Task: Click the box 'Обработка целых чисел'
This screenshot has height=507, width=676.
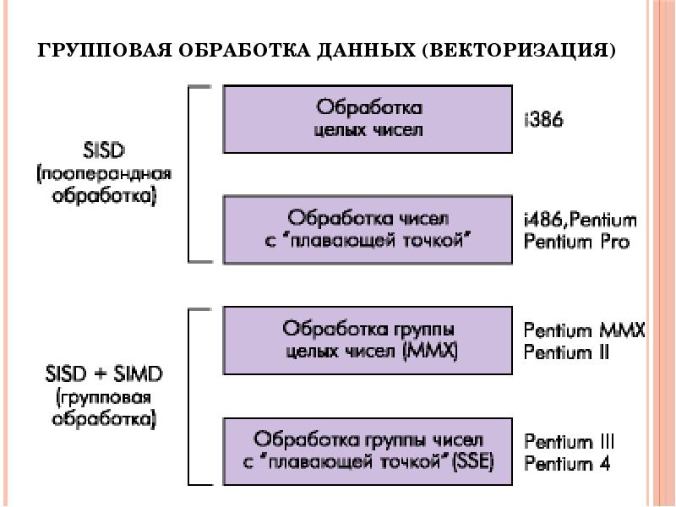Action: tap(368, 118)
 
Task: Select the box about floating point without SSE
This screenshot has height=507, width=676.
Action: tap(368, 229)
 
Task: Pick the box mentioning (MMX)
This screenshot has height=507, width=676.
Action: tap(368, 340)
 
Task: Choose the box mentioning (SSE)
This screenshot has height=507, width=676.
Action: tap(368, 451)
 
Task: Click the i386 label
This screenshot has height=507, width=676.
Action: tap(544, 120)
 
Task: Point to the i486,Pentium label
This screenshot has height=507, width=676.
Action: tap(580, 221)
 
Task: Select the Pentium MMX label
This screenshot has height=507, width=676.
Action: tap(584, 330)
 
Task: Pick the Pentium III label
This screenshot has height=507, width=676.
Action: tap(569, 442)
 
